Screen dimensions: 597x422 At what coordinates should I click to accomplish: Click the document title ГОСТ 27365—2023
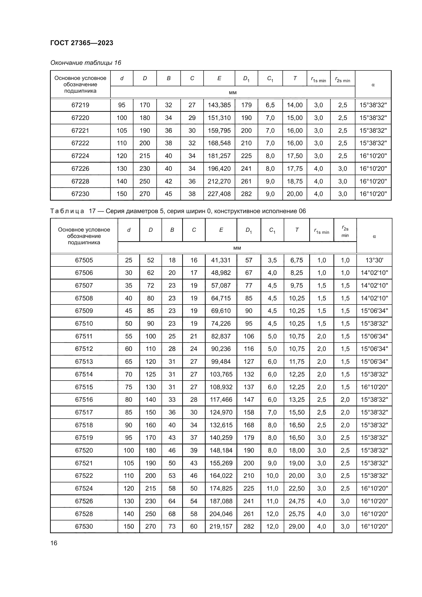(82, 43)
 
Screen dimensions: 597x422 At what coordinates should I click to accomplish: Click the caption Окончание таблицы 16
(86, 63)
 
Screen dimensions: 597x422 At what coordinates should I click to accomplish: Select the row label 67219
(80, 105)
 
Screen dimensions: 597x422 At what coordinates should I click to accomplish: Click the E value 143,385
(219, 105)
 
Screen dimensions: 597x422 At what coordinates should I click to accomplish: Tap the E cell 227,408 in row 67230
(219, 194)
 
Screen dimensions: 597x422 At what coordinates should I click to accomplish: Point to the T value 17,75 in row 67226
(295, 168)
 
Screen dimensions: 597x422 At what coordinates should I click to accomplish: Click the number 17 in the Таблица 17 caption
(93, 211)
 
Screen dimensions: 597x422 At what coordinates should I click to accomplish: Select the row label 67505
(84, 260)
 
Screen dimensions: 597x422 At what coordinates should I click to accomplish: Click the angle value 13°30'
(374, 260)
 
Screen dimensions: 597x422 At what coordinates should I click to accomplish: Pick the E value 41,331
(221, 260)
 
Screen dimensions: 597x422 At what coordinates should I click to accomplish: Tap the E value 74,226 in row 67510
(221, 323)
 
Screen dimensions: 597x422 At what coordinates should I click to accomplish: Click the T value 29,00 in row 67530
(297, 527)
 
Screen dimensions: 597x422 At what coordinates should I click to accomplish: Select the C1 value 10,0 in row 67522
(272, 476)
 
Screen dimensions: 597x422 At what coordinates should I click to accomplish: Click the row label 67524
(84, 489)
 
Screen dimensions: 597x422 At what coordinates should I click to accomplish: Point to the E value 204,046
(221, 514)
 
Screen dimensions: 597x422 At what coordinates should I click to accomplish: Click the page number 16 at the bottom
(54, 543)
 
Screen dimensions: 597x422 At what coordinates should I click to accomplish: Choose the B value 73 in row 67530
(172, 527)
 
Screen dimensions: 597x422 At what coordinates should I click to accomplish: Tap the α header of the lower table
(374, 236)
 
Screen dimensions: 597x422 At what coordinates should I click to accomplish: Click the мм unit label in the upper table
(233, 93)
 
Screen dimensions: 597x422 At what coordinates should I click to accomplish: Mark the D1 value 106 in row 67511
(249, 336)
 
